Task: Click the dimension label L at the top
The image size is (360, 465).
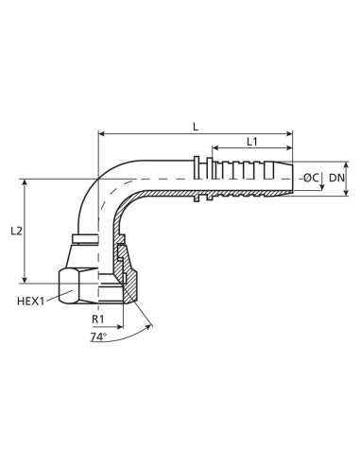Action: point(195,126)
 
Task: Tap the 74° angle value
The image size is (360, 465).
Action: point(98,336)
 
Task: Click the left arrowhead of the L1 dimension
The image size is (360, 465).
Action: point(214,148)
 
